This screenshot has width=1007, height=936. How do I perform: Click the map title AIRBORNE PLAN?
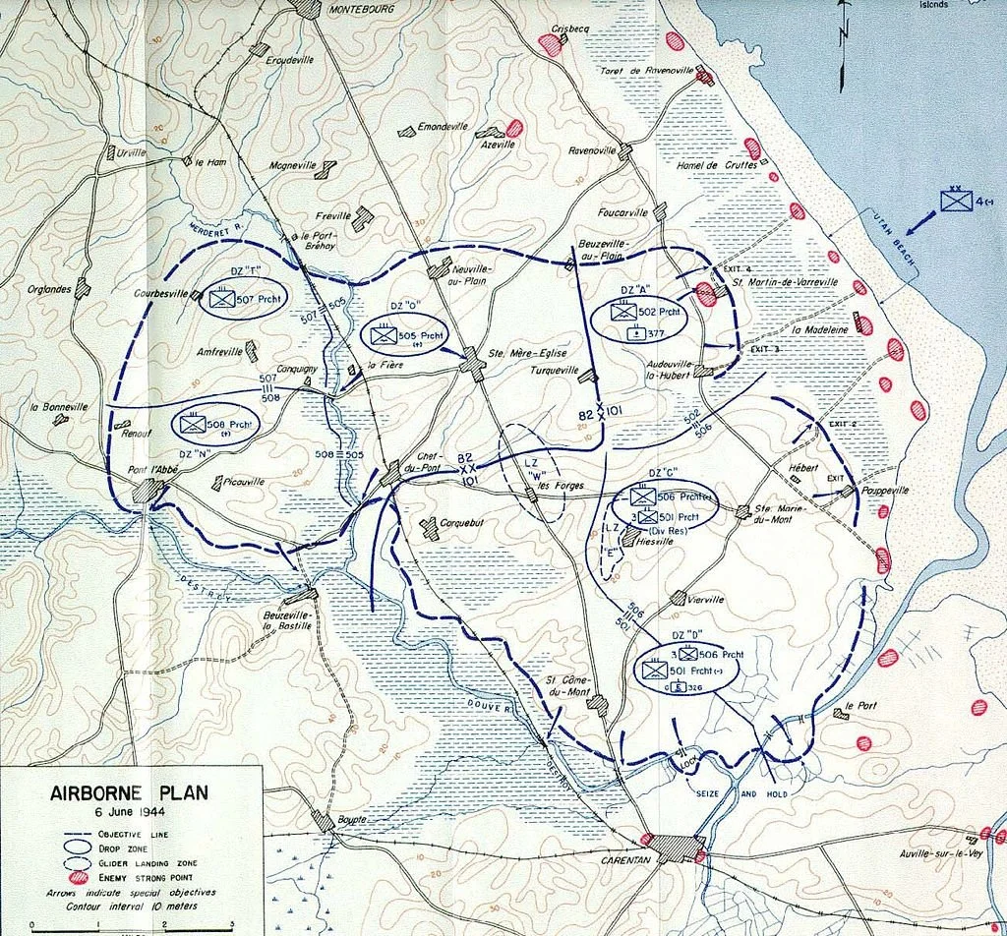pos(129,793)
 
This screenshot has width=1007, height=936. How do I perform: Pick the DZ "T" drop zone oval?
pos(242,302)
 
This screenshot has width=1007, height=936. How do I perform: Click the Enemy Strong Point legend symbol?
pos(78,877)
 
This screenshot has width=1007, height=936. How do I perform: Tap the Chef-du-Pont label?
pos(430,461)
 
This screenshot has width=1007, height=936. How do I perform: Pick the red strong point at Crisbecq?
pos(552,46)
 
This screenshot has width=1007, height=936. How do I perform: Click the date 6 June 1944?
pos(129,812)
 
